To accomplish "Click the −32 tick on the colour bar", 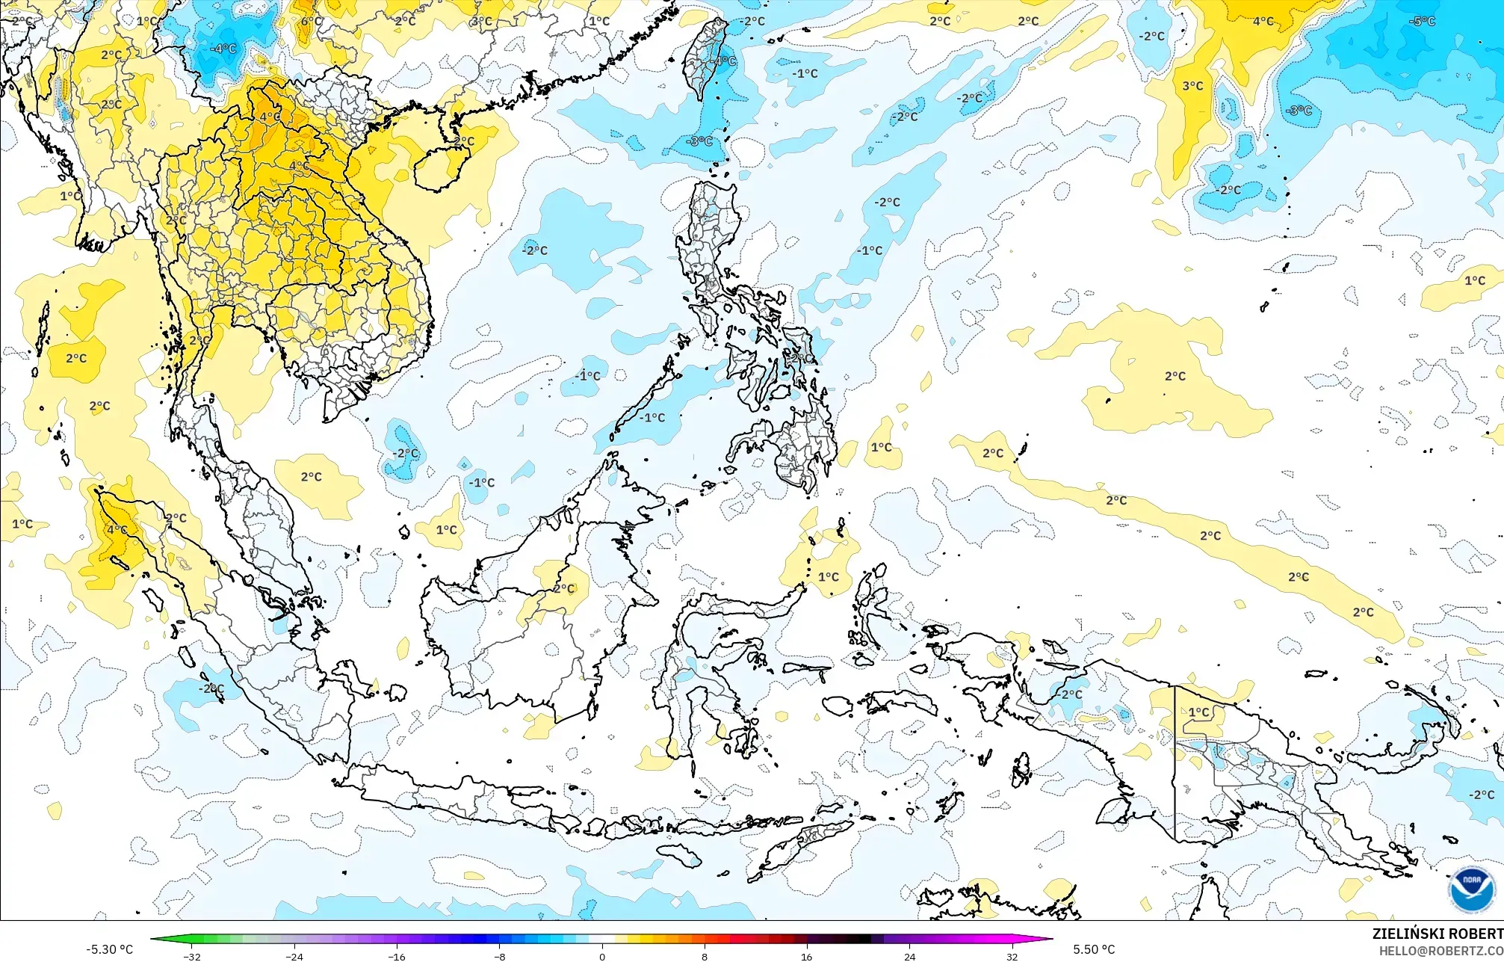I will [192, 956].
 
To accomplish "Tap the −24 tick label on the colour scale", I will [294, 956].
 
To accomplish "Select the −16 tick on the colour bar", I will [397, 956].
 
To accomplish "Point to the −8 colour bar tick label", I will [499, 956].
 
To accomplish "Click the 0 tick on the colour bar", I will [602, 956].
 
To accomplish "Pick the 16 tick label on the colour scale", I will [807, 956].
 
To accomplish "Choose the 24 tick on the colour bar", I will [909, 956].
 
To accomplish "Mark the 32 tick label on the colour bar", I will [1012, 956].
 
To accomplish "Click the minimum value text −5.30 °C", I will [109, 949].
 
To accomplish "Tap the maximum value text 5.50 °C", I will [1094, 949].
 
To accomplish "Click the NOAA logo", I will [1471, 889].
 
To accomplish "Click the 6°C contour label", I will [312, 21].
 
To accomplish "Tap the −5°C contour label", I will [1422, 21].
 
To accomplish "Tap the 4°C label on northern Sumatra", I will [117, 529].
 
